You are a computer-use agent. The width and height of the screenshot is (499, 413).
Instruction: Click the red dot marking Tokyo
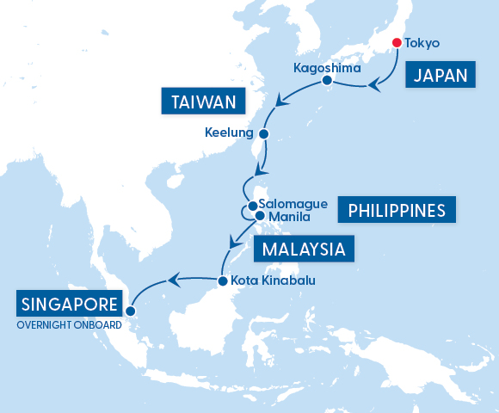pos(396,43)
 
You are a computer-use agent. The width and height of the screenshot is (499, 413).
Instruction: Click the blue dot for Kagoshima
pos(327,80)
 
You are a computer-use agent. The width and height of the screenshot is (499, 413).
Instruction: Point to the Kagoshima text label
pos(321,66)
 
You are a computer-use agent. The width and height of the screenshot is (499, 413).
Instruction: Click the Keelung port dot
pos(263,134)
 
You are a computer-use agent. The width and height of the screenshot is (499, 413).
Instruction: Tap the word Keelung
pos(230,133)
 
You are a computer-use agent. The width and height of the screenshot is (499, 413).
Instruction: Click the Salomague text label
pos(293,204)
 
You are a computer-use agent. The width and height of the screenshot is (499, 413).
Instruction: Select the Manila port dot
pos(260,216)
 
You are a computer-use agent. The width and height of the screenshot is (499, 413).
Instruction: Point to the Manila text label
pos(289,216)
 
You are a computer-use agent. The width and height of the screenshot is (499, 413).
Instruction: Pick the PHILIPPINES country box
pos(397,209)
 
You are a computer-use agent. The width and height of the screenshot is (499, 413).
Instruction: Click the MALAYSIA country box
pos(304,250)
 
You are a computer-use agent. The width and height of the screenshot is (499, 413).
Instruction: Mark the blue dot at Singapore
pos(131,311)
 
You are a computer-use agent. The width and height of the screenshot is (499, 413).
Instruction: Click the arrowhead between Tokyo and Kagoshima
pos(374,85)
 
